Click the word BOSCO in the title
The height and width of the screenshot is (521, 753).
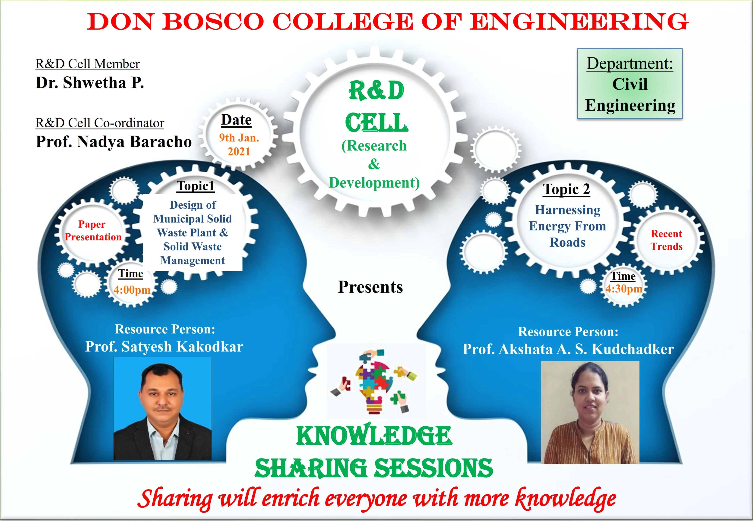click(213, 22)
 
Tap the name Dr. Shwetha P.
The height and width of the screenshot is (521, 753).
click(90, 83)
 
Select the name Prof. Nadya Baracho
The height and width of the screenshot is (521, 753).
click(114, 142)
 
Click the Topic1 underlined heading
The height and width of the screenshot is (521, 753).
click(196, 186)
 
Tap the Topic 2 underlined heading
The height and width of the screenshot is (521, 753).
click(566, 189)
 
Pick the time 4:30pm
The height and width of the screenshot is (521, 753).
click(624, 289)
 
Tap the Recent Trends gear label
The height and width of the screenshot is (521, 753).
click(667, 240)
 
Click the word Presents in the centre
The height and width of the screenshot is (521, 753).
click(370, 287)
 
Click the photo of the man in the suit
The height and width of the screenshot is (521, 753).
click(163, 409)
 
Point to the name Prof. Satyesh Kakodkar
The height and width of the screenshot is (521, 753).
click(164, 347)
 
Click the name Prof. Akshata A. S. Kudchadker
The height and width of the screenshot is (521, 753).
click(568, 349)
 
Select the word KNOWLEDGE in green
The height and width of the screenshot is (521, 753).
click(374, 436)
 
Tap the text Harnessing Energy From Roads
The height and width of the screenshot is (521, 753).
click(567, 226)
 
